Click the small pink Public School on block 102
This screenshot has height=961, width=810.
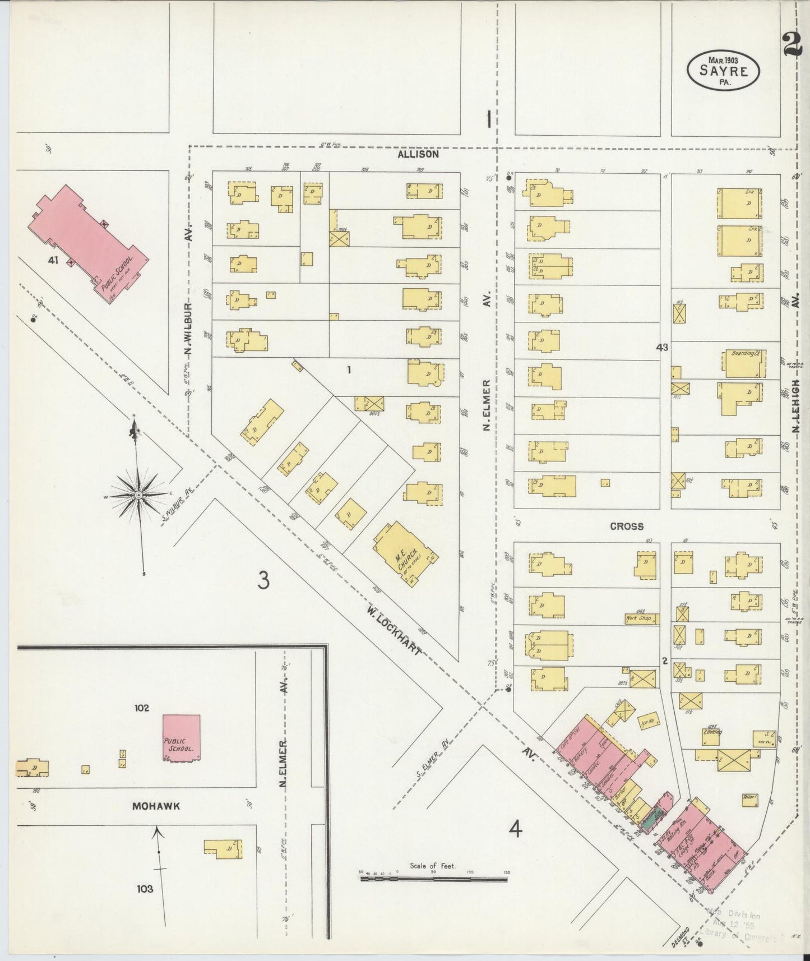pyautogui.click(x=181, y=738)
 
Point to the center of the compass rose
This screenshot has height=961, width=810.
pyautogui.click(x=138, y=496)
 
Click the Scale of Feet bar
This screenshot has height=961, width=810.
pyautogui.click(x=433, y=879)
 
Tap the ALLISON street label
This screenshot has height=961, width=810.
pyautogui.click(x=418, y=154)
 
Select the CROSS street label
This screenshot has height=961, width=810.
pyautogui.click(x=627, y=526)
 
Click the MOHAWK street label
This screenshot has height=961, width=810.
pyautogui.click(x=156, y=806)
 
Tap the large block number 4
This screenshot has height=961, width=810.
pyautogui.click(x=515, y=829)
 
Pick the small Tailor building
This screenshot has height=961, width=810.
pyautogui.click(x=750, y=800)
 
